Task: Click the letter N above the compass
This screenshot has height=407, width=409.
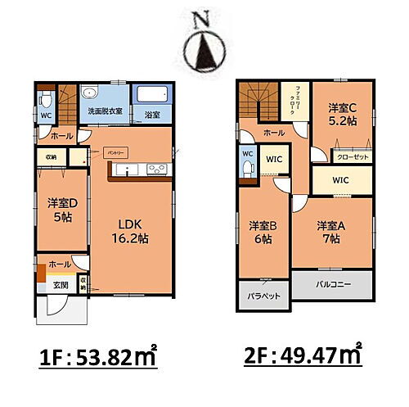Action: tap(202, 19)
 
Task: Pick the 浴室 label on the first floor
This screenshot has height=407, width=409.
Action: tap(151, 115)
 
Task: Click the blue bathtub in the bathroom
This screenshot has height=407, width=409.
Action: tap(151, 95)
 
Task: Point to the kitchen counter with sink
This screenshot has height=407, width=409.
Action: tap(138, 170)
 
